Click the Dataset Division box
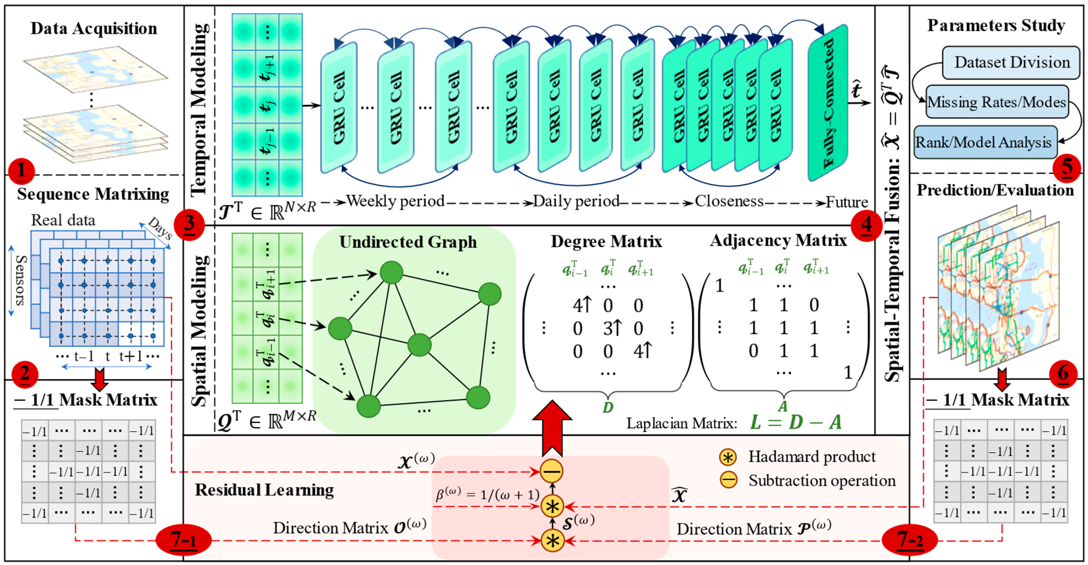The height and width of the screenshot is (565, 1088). tap(1012, 63)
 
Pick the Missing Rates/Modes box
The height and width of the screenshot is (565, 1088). tap(997, 102)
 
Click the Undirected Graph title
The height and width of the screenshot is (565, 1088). tap(408, 242)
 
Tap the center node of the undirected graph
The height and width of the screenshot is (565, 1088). tap(419, 345)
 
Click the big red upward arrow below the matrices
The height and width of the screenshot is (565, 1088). tap(552, 427)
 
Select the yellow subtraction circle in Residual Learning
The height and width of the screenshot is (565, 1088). tap(552, 471)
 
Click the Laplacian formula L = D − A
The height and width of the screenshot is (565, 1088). tap(796, 422)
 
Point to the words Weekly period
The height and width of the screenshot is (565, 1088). tap(395, 201)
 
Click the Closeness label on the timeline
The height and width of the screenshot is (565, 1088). tap(729, 201)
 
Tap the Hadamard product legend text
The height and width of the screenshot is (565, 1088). tap(812, 456)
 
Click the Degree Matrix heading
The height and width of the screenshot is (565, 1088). tap(606, 242)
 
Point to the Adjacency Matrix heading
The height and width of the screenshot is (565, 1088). tap(778, 240)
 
